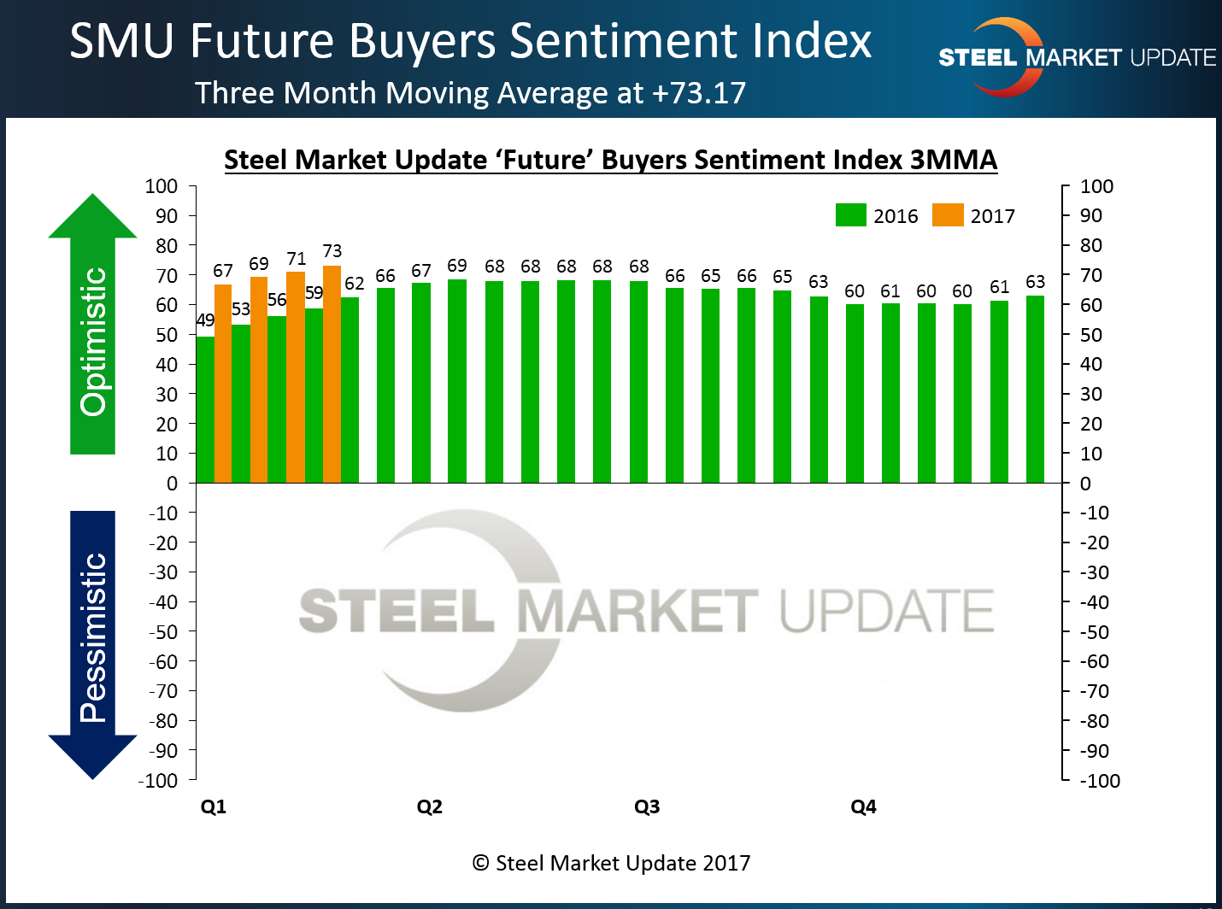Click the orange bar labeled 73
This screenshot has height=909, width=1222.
[x=332, y=376]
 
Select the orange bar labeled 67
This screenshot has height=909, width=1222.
[x=223, y=384]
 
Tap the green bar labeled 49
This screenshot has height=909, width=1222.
[x=205, y=410]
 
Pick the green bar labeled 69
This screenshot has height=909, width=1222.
[x=457, y=381]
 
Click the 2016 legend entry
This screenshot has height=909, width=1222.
[x=876, y=215]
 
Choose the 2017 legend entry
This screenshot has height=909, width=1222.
[x=973, y=215]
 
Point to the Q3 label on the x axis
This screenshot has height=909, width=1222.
[x=647, y=806]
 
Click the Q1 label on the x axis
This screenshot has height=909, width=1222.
[x=214, y=806]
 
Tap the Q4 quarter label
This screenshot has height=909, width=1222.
[x=863, y=806]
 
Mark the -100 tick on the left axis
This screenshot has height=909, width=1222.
[x=158, y=780]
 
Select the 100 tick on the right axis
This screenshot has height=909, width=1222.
[x=1096, y=186]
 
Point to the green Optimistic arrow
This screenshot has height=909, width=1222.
[x=92, y=325]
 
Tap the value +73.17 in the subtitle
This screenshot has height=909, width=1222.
[x=699, y=92]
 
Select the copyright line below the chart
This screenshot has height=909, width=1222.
[x=611, y=863]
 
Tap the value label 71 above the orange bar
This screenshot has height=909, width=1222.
[x=296, y=259]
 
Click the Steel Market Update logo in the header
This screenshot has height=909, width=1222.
[x=1076, y=57]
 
